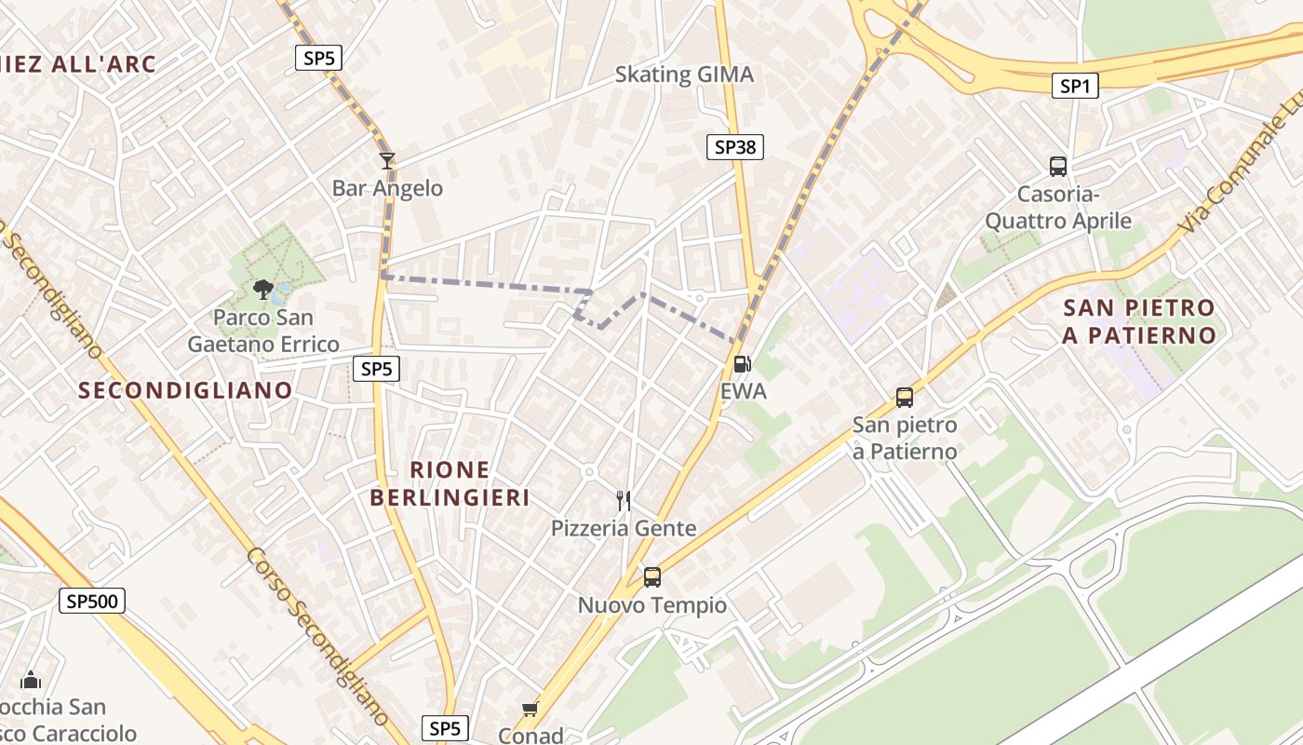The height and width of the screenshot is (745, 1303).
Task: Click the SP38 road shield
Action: [734, 146]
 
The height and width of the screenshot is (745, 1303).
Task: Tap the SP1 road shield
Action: [1074, 86]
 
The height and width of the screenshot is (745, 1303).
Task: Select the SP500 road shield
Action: [93, 601]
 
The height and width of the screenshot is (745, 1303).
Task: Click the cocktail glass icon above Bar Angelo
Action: [387, 161]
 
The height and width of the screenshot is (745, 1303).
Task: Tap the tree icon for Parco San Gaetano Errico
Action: [263, 290]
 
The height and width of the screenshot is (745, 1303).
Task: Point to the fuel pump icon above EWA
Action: [742, 364]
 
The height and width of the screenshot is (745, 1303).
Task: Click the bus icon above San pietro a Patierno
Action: [904, 398]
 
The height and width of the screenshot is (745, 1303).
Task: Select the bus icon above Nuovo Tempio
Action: [652, 577]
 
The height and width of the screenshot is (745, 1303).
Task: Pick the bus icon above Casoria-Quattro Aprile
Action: [1058, 167]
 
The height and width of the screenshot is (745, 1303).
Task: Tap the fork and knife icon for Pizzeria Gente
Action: [624, 501]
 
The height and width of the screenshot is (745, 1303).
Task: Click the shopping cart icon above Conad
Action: [530, 710]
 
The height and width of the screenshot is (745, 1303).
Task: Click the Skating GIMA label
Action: [684, 74]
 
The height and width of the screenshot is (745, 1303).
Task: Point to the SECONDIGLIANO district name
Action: [185, 390]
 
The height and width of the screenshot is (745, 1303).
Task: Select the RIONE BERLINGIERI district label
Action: [450, 483]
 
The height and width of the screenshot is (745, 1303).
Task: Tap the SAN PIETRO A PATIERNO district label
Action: [1138, 321]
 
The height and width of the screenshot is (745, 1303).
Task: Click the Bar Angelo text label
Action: [387, 188]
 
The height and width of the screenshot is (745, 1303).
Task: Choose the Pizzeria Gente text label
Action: [624, 528]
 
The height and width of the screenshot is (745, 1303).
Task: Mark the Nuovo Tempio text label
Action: [652, 605]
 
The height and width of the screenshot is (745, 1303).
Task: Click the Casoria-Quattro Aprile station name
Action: [1058, 208]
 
